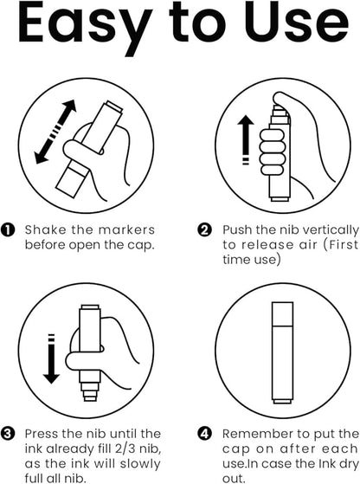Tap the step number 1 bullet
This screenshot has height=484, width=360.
coord(8,230)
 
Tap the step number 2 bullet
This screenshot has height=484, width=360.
coord(204,230)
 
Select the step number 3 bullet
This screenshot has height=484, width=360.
coord(8,434)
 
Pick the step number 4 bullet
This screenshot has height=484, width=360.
coord(204,434)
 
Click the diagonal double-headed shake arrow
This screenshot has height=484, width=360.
coord(55,132)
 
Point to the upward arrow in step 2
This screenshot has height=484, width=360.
coord(246,139)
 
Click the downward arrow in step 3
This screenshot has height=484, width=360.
coord(51,358)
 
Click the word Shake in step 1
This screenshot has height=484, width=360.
coord(45,230)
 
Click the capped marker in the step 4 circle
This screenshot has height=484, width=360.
coord(282,352)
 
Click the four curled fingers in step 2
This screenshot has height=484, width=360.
coord(272,152)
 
